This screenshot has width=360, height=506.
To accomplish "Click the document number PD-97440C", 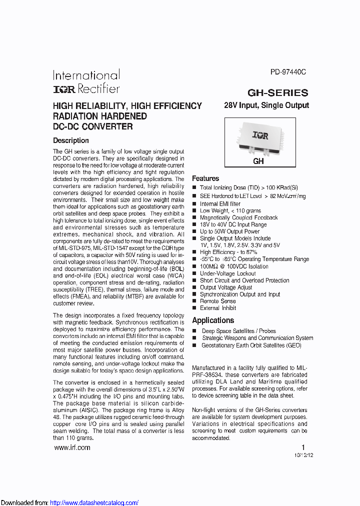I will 288,72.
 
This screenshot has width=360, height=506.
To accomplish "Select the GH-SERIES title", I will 278,93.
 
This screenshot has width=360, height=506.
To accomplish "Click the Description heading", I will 71,140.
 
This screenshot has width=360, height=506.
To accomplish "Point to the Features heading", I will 205,178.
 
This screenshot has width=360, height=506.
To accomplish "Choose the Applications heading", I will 213,320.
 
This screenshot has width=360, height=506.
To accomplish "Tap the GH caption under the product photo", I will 258,161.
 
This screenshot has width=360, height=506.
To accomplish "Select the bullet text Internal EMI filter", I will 220,204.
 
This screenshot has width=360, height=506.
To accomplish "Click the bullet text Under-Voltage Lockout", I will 227,273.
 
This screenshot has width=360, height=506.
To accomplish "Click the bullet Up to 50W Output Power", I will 229,231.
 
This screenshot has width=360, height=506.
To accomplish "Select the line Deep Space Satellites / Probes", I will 238,331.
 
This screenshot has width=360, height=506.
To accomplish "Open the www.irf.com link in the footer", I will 71,447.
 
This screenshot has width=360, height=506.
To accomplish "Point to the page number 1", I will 302,447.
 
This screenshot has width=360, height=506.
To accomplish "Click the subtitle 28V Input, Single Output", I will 266,105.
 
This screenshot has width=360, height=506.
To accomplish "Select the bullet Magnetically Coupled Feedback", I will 238,218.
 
